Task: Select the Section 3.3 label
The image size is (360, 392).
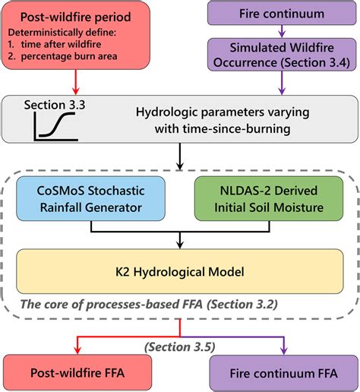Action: coord(54,104)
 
